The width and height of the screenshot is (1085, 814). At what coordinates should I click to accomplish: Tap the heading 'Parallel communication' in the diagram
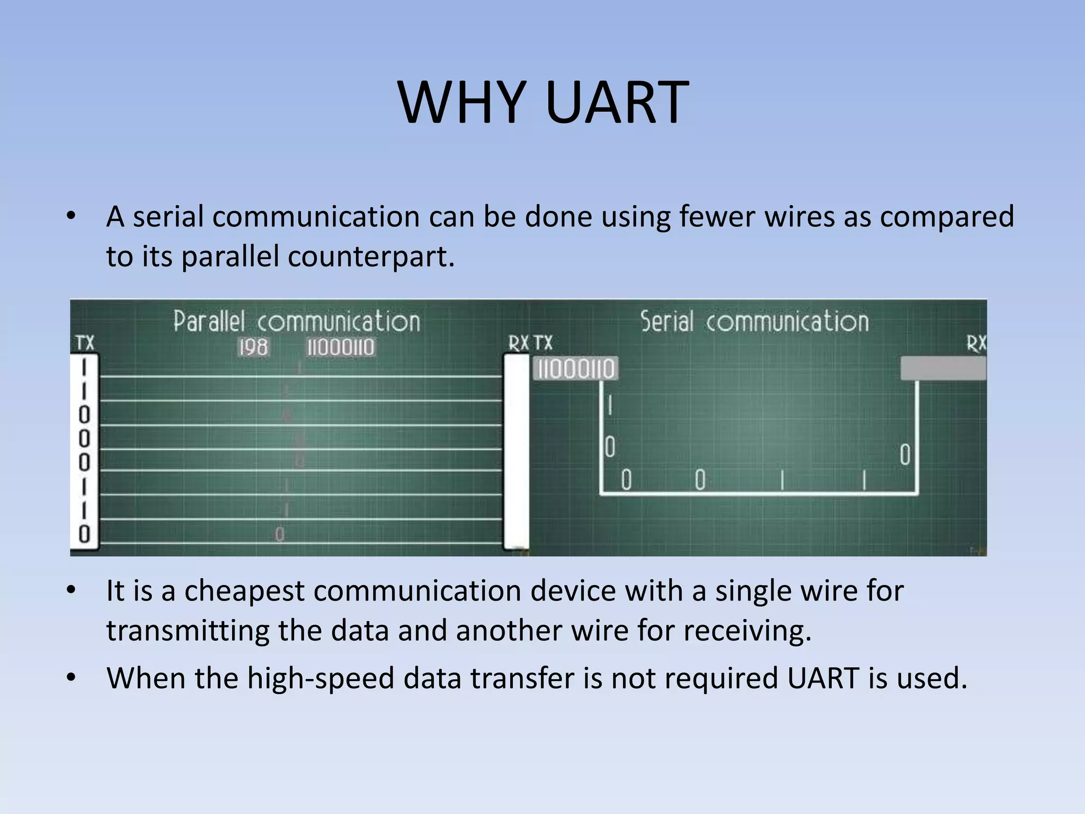click(x=297, y=322)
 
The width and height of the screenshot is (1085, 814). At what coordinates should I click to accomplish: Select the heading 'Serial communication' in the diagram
click(x=754, y=322)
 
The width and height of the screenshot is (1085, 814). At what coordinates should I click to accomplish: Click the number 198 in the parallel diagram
click(x=253, y=348)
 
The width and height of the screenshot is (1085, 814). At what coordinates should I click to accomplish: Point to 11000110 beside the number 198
click(x=341, y=348)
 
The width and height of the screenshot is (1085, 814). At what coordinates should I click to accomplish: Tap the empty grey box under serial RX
click(x=943, y=368)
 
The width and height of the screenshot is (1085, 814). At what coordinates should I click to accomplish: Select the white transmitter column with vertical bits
click(x=84, y=453)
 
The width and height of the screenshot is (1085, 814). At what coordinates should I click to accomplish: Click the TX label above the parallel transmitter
click(x=85, y=343)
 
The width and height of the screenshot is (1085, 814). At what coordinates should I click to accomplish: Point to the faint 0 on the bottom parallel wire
click(x=280, y=535)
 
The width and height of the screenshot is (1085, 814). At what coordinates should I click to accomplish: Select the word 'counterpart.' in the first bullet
click(x=371, y=257)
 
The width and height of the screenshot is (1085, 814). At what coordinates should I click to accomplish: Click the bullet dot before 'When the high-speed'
click(x=72, y=678)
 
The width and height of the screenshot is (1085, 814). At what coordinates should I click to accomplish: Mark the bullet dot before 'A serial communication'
click(x=72, y=216)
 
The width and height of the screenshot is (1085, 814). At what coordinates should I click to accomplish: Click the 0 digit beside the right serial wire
click(x=905, y=455)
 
